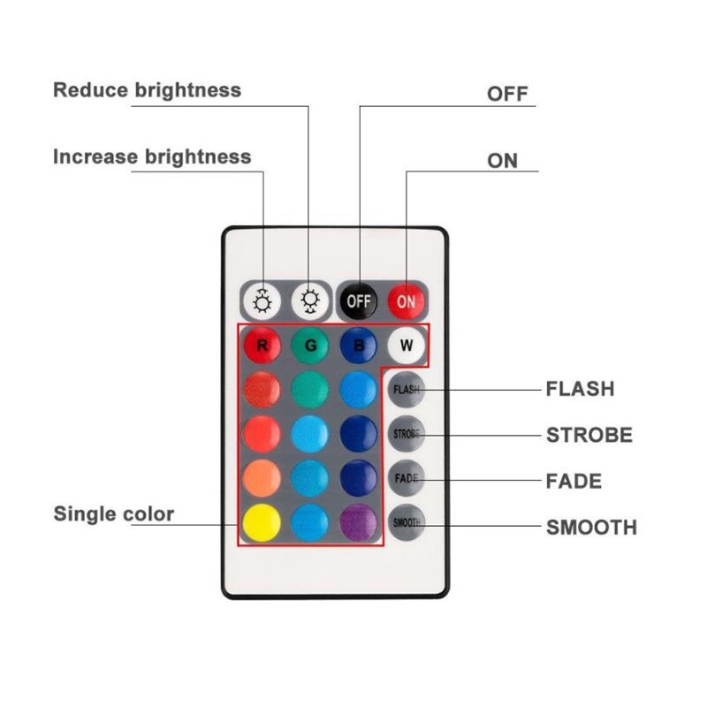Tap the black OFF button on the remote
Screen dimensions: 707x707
(359, 300)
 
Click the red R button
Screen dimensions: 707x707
(262, 346)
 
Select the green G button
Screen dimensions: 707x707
(310, 346)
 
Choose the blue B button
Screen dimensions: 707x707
(359, 346)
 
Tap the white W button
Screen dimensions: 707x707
(407, 346)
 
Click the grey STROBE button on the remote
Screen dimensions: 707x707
(407, 434)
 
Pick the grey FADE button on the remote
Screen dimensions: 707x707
(407, 479)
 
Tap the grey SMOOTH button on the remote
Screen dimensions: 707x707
(407, 522)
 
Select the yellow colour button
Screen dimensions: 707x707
(262, 522)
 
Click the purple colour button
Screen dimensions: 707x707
(359, 522)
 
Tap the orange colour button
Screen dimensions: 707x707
(262, 478)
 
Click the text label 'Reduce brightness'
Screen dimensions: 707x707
(147, 90)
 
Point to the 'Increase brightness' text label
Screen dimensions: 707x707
(152, 157)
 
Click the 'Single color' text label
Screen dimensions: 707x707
(114, 514)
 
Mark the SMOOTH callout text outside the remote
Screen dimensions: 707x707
(591, 528)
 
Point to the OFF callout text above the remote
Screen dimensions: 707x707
(507, 94)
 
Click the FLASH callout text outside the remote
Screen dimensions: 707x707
(580, 389)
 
